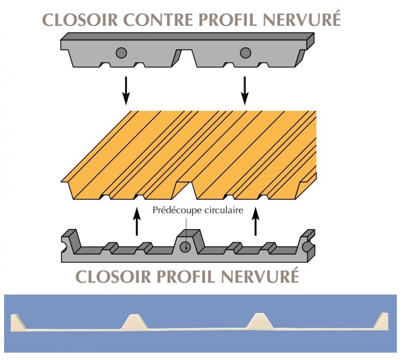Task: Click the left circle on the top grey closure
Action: [121, 52]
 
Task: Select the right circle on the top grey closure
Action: [245, 52]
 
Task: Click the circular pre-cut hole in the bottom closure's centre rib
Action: [185, 246]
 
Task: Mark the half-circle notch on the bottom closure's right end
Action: [309, 243]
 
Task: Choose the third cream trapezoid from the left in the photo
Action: [260, 321]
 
